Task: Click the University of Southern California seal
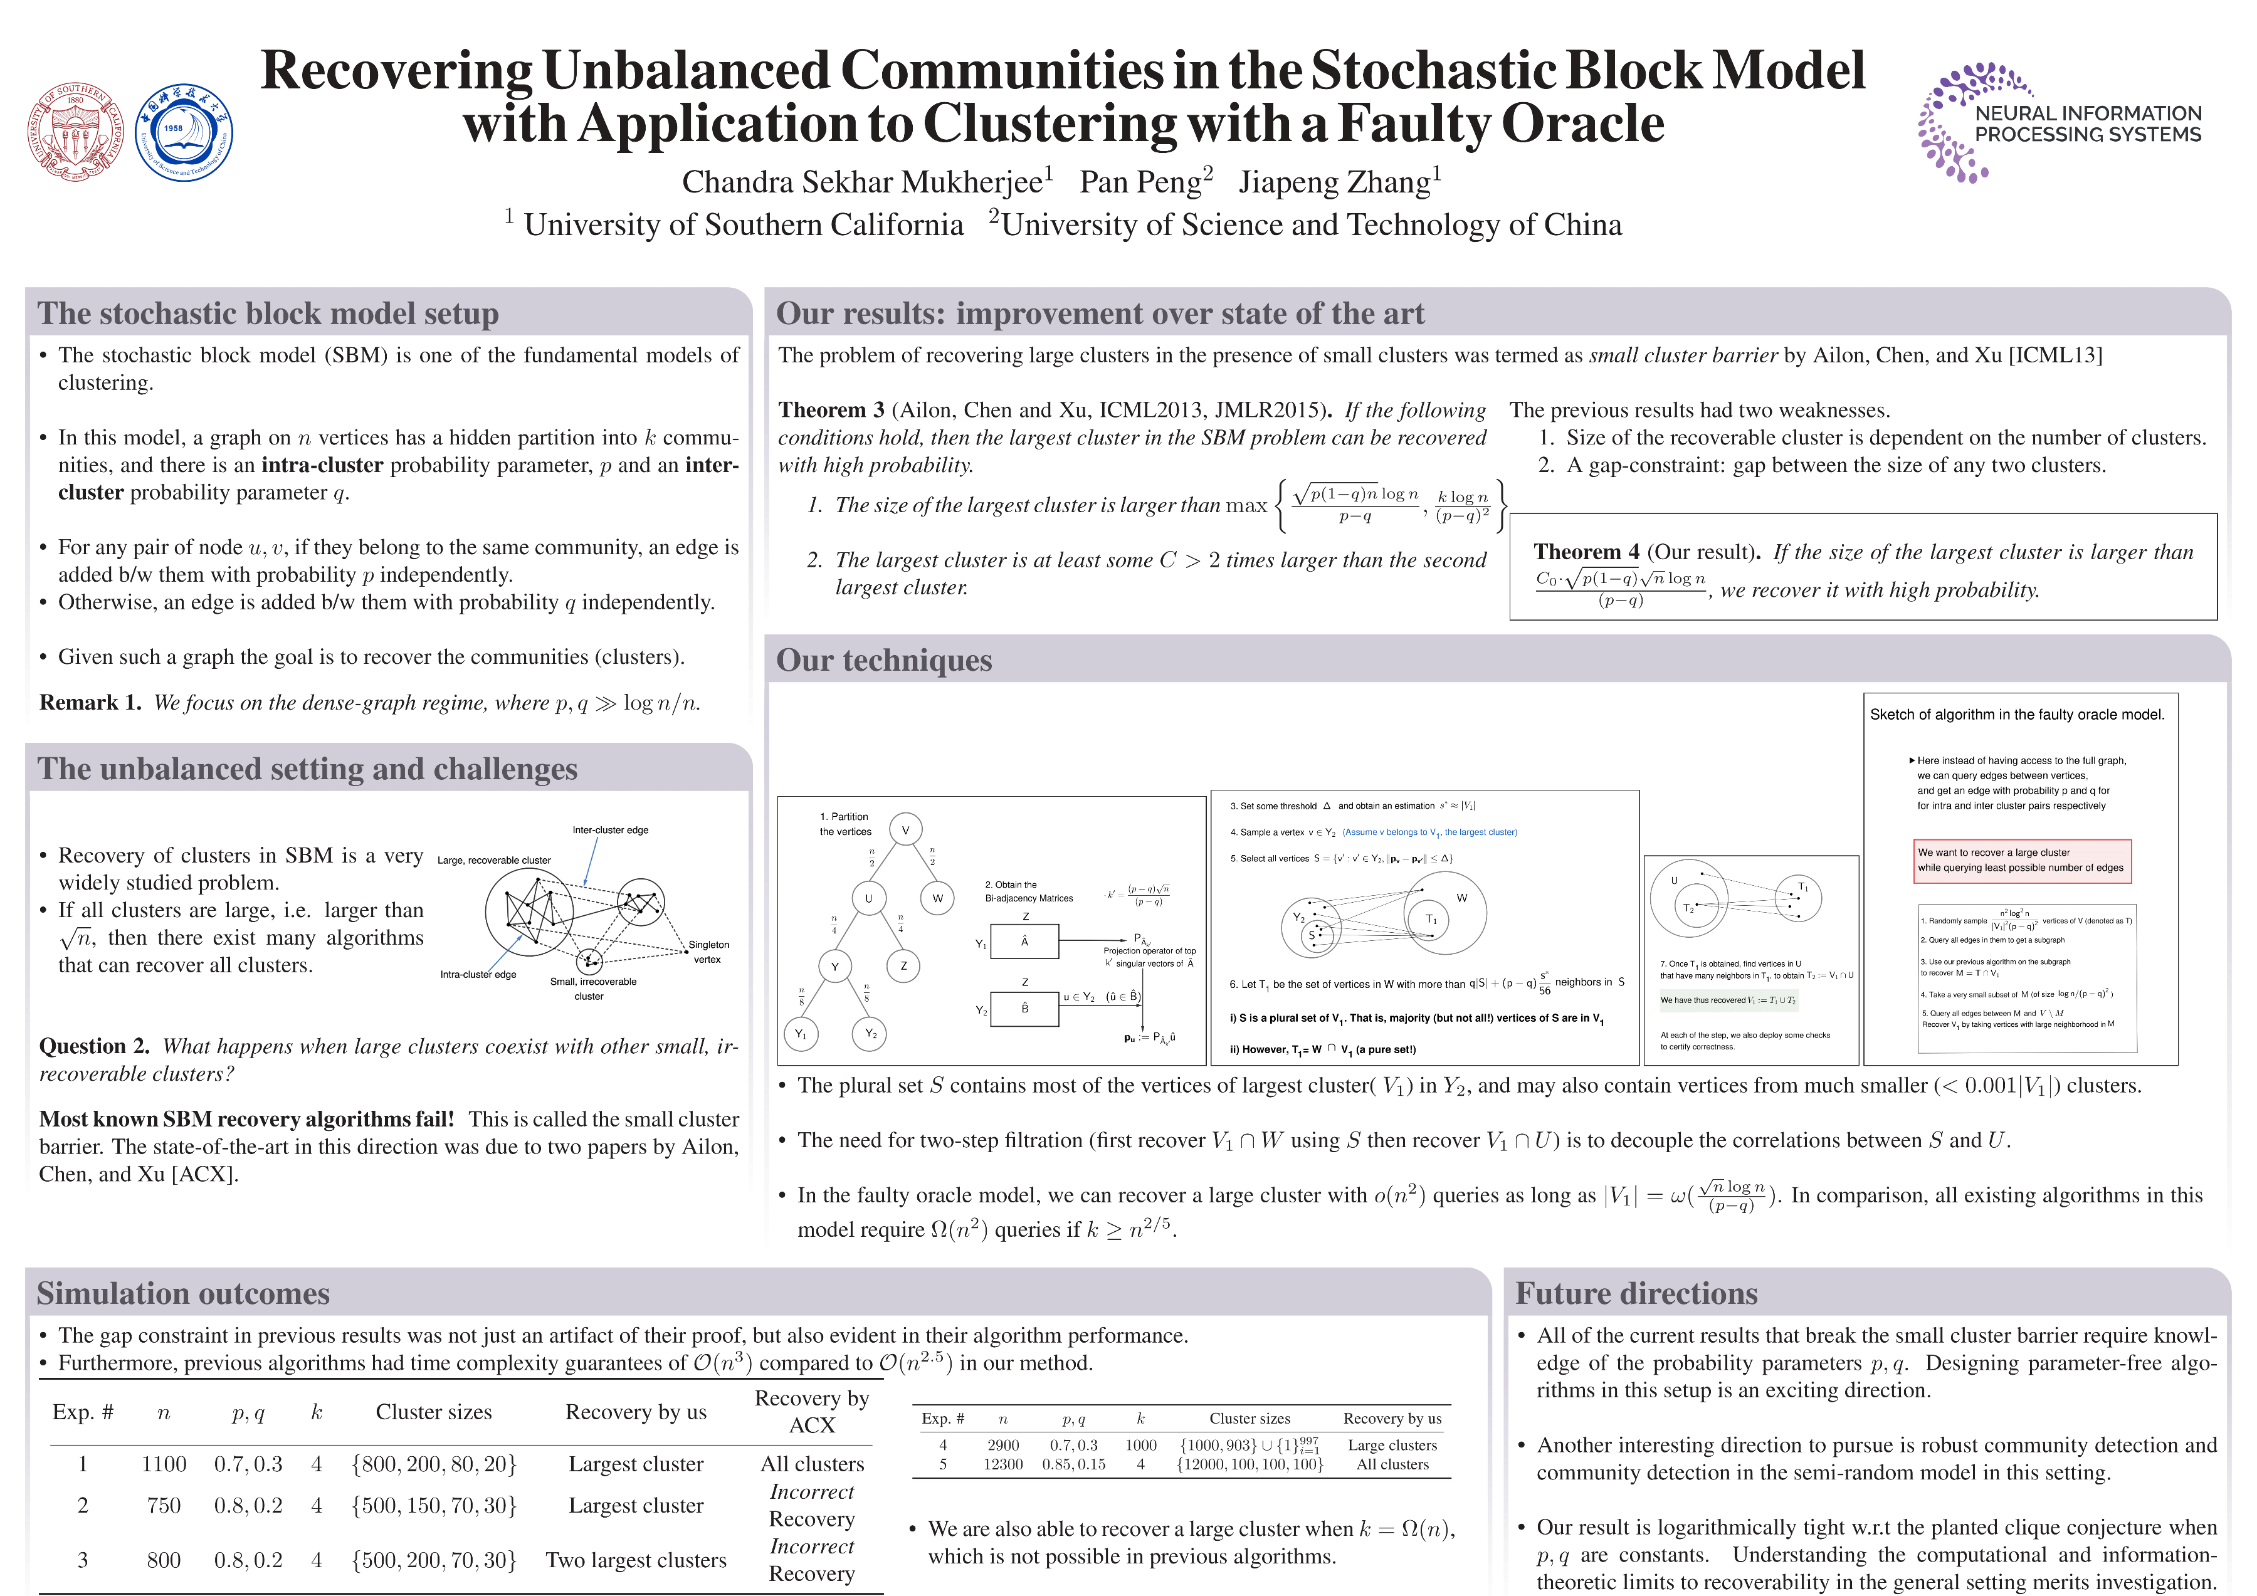pyautogui.click(x=76, y=132)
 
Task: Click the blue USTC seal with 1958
pyautogui.click(x=183, y=132)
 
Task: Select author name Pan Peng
pyautogui.click(x=1145, y=182)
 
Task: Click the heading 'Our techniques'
pyautogui.click(x=884, y=661)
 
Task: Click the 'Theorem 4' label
pyautogui.click(x=1586, y=552)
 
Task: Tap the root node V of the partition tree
pyautogui.click(x=905, y=829)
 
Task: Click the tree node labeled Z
pyautogui.click(x=903, y=966)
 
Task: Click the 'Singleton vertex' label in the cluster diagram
pyautogui.click(x=708, y=952)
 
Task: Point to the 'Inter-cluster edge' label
pyautogui.click(x=611, y=831)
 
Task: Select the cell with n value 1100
pyautogui.click(x=163, y=1464)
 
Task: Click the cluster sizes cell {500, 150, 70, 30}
pyautogui.click(x=433, y=1506)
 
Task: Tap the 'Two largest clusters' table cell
pyautogui.click(x=636, y=1561)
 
